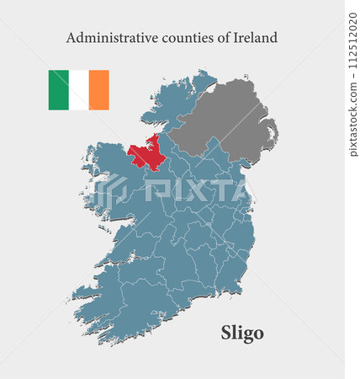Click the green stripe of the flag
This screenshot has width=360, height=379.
[x=58, y=90]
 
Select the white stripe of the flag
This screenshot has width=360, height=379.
[x=78, y=90]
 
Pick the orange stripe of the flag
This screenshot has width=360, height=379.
[x=98, y=90]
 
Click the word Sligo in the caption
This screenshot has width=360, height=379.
[x=242, y=333]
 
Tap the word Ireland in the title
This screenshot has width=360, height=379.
[x=255, y=38]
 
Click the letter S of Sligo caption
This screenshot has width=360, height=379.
[x=225, y=333]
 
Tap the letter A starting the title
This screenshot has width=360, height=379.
[x=71, y=38]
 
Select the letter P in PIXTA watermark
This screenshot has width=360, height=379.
[x=151, y=191]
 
